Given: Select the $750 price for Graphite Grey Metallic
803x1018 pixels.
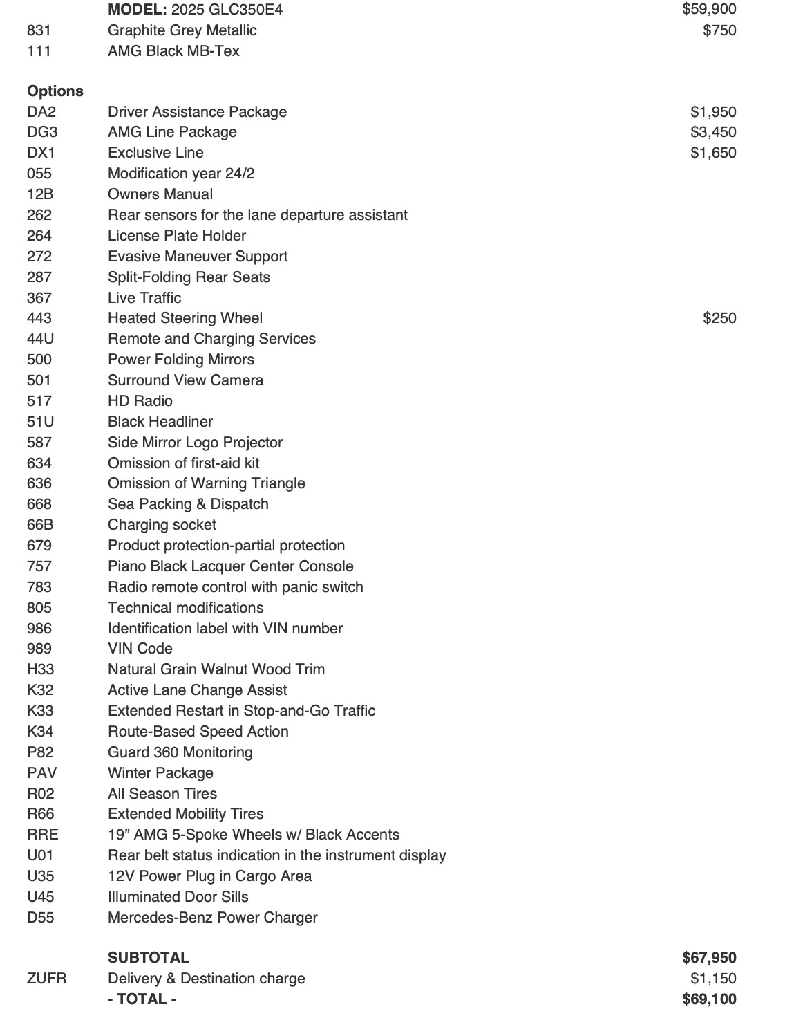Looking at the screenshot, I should point(719,30).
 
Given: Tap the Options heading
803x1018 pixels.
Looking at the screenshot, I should point(55,91).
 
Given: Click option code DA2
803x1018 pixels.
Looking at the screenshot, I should point(41,112).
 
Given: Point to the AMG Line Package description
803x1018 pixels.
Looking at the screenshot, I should point(172,132).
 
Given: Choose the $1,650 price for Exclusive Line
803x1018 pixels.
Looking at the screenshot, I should point(712,153).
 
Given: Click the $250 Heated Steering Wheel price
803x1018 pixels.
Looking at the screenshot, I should point(719,318).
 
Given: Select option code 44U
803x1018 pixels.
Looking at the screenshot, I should point(40,339).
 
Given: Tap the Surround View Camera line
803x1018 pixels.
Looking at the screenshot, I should point(185,380).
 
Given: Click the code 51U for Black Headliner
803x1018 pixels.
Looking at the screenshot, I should point(40,422).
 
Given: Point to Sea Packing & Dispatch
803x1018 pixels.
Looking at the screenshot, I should point(188,504).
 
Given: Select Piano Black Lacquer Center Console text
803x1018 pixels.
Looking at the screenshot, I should point(230,566).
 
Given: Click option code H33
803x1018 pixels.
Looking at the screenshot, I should point(40,669).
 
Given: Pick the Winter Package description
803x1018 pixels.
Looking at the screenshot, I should point(160,773).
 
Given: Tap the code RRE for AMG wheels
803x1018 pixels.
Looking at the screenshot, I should point(42,835).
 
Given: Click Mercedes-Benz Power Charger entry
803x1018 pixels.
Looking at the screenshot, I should point(212,918).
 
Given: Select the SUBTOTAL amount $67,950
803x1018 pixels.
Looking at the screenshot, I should point(708,958).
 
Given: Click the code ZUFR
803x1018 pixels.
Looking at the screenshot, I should point(46,979).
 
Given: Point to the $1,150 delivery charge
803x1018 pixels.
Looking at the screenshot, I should point(712,979).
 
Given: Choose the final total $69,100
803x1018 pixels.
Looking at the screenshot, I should point(708,999).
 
